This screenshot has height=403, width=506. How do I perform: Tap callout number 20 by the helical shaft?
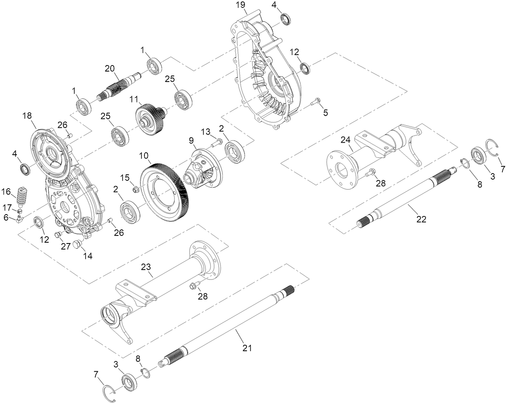110,69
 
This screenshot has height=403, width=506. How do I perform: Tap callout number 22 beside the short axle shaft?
421,219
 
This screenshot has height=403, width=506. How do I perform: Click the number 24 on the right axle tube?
345,140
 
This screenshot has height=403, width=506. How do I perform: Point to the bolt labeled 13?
217,141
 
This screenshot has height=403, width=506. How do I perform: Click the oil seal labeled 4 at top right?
286,19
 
